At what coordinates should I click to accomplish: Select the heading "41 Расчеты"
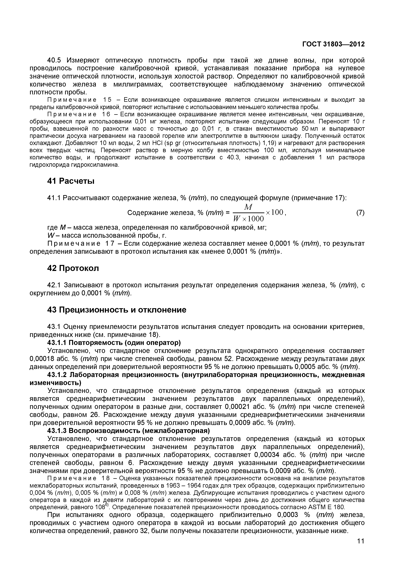coord(71,181)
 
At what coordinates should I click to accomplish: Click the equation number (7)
coord(360,213)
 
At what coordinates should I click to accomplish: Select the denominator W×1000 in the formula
coord(248,219)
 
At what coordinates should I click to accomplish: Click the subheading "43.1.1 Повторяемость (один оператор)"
coord(114,342)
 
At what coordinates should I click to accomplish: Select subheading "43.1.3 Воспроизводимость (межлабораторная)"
coord(129,431)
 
